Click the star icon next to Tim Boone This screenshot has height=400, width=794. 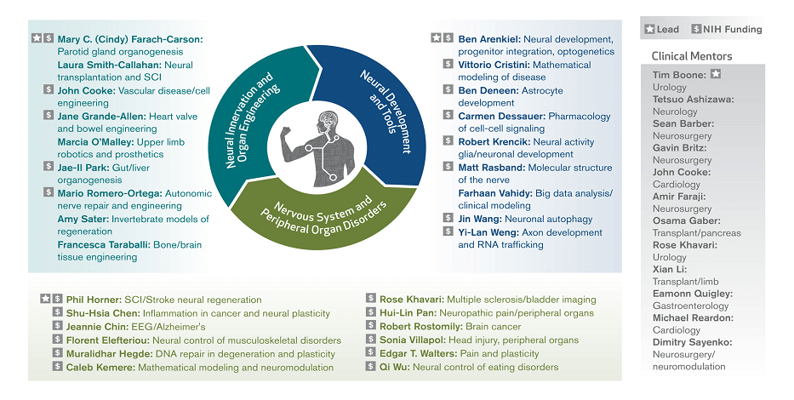click(x=716, y=75)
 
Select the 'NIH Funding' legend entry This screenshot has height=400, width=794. click(x=725, y=29)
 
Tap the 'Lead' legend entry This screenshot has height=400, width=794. click(x=661, y=29)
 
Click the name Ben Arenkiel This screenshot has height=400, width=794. click(x=488, y=39)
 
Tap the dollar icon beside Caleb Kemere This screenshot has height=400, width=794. click(x=58, y=367)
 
